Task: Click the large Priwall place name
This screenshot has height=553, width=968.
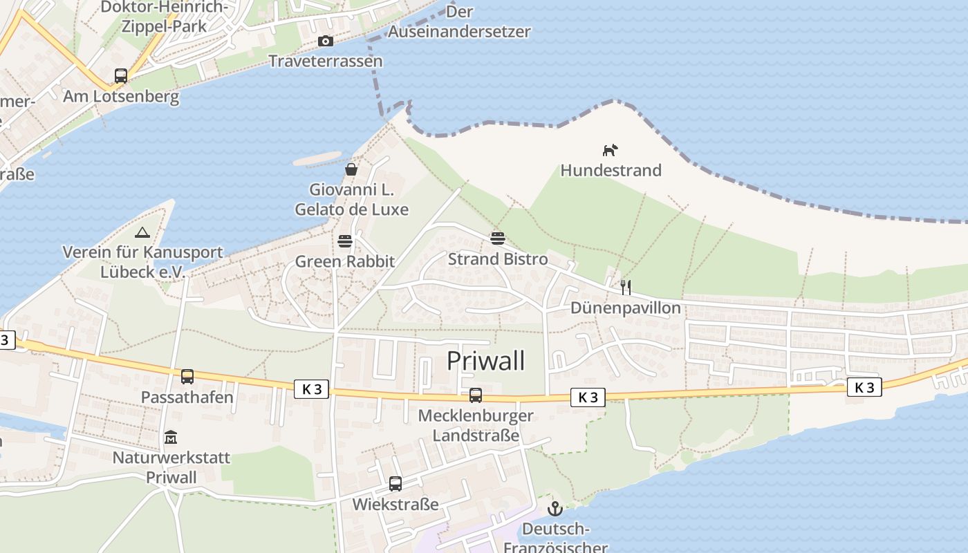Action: click(x=485, y=361)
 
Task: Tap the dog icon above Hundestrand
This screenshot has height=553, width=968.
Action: click(x=609, y=150)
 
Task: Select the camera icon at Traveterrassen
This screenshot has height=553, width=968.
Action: click(x=325, y=41)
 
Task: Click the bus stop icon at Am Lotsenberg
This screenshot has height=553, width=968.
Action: click(x=121, y=76)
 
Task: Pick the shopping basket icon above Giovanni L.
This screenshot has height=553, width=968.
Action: click(x=351, y=169)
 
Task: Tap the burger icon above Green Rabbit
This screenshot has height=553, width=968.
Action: click(x=345, y=241)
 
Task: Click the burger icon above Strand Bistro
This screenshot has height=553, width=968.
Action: click(x=498, y=239)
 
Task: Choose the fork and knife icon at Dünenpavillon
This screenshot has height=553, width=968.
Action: click(x=626, y=287)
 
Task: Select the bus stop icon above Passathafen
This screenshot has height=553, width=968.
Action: click(x=187, y=377)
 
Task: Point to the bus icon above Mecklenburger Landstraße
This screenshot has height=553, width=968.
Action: click(x=476, y=395)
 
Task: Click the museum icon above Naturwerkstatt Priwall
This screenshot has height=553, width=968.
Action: click(x=171, y=438)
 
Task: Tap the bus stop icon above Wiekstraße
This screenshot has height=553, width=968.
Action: click(x=395, y=484)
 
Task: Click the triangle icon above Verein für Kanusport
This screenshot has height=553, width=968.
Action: click(x=142, y=232)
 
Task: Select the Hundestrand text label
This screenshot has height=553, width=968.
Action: click(x=611, y=170)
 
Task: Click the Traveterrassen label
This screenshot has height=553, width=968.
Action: click(x=325, y=61)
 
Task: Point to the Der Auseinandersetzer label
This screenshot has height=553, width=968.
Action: click(x=459, y=21)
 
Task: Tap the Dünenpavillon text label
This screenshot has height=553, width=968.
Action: click(x=625, y=308)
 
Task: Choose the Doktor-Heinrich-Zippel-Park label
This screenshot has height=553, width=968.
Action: click(x=164, y=17)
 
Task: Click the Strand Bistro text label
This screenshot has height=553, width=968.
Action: click(x=498, y=259)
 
